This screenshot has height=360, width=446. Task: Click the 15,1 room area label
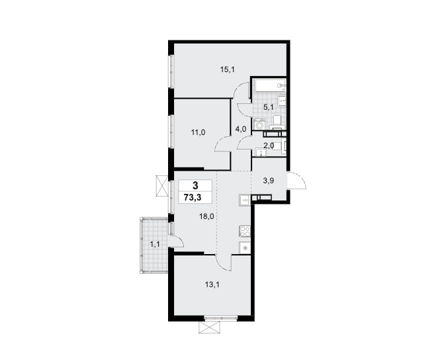click(x=227, y=69)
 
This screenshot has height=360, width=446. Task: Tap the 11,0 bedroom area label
click(x=199, y=132)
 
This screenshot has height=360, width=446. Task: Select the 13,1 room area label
click(x=212, y=285)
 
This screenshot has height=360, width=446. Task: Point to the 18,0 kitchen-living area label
click(x=206, y=216)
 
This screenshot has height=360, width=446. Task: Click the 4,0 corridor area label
click(x=241, y=130)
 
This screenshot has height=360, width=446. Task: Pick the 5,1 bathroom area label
click(x=268, y=107)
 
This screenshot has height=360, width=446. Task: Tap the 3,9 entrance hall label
click(x=268, y=181)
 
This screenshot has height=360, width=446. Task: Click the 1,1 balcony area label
click(x=155, y=244)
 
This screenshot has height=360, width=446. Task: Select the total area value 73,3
click(x=193, y=197)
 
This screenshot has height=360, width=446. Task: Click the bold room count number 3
click(x=195, y=186)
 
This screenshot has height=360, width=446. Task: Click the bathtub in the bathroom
click(x=270, y=85)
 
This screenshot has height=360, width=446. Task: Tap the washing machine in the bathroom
click(x=259, y=124)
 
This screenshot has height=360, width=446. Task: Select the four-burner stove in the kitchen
click(x=245, y=231)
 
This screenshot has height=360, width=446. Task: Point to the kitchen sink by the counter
click(x=244, y=201)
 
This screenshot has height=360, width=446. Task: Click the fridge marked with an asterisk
click(x=245, y=247)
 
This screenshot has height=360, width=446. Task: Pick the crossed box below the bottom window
click(x=210, y=328)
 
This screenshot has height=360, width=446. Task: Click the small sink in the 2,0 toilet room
click(x=261, y=153)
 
